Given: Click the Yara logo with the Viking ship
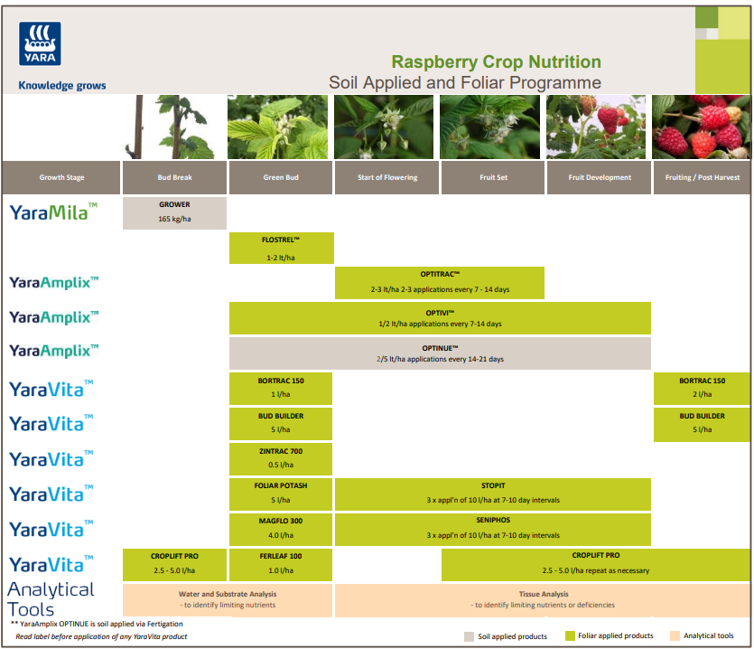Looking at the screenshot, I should [40, 43].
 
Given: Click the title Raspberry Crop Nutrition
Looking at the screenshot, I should [496, 62].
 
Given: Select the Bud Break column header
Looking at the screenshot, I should [174, 177].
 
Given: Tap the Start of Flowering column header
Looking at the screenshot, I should [387, 177].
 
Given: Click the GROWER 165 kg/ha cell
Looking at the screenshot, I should [174, 212].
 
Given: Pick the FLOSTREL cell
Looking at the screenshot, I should [280, 249].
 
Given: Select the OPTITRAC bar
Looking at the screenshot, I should [440, 282].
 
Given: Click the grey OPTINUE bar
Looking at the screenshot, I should [440, 353].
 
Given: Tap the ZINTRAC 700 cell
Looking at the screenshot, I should [280, 457].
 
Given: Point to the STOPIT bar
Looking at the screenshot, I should [492, 493].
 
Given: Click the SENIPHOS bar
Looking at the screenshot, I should [492, 528].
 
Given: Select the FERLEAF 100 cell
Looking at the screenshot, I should [280, 563].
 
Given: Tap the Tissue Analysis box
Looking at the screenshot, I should [542, 599].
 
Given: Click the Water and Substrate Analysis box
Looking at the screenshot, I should [228, 599].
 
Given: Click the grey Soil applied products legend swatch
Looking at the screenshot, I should [469, 635].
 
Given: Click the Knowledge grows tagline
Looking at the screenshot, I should [62, 86].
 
